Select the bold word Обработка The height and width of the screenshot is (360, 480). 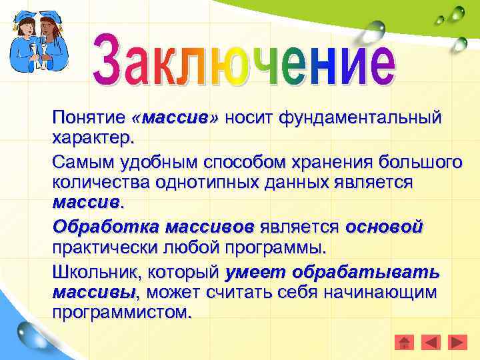(x=102, y=227)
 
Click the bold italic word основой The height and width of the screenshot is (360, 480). (x=383, y=227)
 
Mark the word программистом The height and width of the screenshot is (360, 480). (x=121, y=313)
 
